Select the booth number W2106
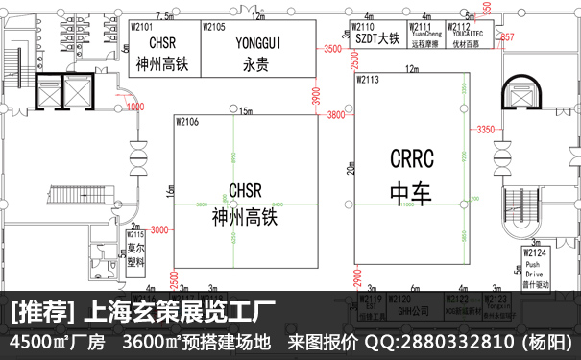pyautogui.click(x=188, y=122)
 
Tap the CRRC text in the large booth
pyautogui.click(x=412, y=157)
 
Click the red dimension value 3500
pyautogui.click(x=334, y=48)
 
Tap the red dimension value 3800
pyautogui.click(x=335, y=115)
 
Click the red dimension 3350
pyautogui.click(x=485, y=129)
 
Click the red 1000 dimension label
pyautogui.click(x=134, y=106)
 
